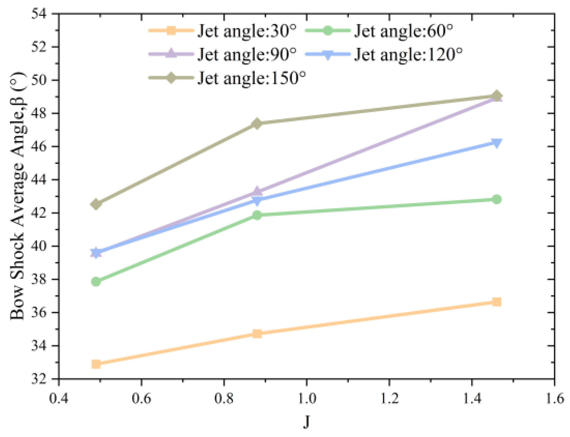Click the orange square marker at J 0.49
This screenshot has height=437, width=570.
96,364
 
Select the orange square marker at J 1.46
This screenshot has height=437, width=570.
497,302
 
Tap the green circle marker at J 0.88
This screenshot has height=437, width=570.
257,215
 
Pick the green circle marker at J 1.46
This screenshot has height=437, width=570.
497,199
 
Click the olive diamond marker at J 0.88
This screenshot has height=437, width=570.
257,123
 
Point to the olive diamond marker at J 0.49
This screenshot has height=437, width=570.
96,204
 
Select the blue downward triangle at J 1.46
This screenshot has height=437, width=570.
497,143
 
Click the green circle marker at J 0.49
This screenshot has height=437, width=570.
96,282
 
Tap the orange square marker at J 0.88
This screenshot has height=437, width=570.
257,334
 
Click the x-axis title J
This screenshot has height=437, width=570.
307,421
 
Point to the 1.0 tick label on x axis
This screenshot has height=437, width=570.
307,398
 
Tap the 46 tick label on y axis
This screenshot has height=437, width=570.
39,147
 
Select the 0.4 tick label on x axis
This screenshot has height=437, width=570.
59,398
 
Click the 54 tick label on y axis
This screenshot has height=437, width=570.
39,14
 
